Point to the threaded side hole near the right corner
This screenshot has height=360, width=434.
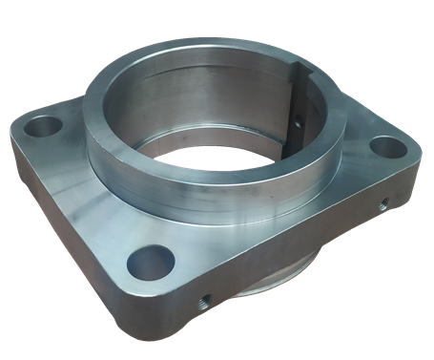[382, 203]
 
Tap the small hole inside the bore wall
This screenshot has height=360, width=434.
[297, 121]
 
